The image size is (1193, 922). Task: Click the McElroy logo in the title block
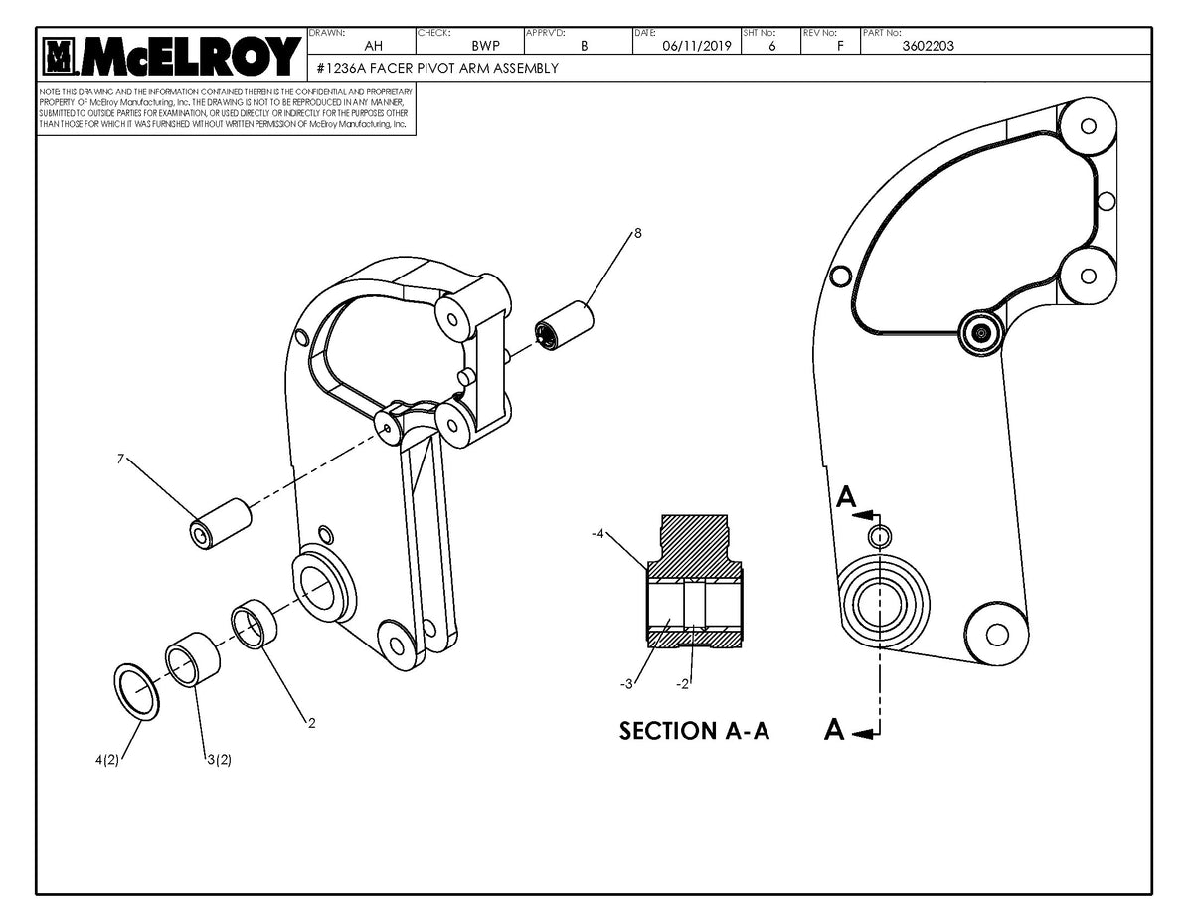[171, 56]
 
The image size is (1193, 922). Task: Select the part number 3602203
[928, 45]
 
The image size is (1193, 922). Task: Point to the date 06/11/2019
[696, 45]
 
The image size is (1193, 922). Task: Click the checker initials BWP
[485, 45]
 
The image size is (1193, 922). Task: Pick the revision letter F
[841, 45]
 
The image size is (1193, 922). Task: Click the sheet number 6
[772, 45]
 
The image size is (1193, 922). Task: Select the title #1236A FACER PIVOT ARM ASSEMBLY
[436, 68]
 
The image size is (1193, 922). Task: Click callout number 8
[637, 233]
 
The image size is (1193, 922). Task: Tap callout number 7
[120, 459]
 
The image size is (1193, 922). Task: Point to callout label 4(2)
[106, 761]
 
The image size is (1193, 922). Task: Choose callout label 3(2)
[219, 761]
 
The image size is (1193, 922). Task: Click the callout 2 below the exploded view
[311, 723]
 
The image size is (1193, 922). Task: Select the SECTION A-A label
[694, 731]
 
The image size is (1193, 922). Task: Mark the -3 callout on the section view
[624, 684]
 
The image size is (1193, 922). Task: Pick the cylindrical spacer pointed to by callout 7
[221, 522]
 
